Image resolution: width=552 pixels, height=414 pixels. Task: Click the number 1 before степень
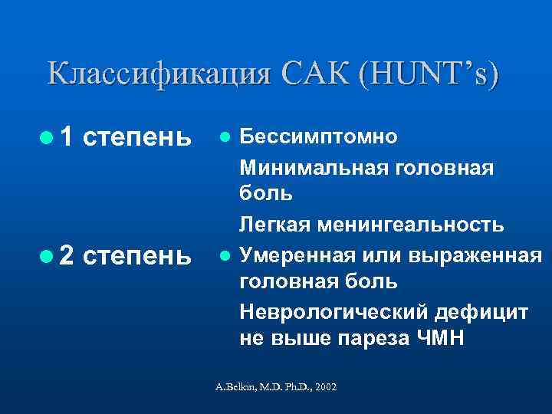point(67,137)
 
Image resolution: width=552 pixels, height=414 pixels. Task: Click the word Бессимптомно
point(318,137)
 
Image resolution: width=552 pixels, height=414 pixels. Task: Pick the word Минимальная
point(317,166)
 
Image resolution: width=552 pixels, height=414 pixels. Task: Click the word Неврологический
point(333,310)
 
